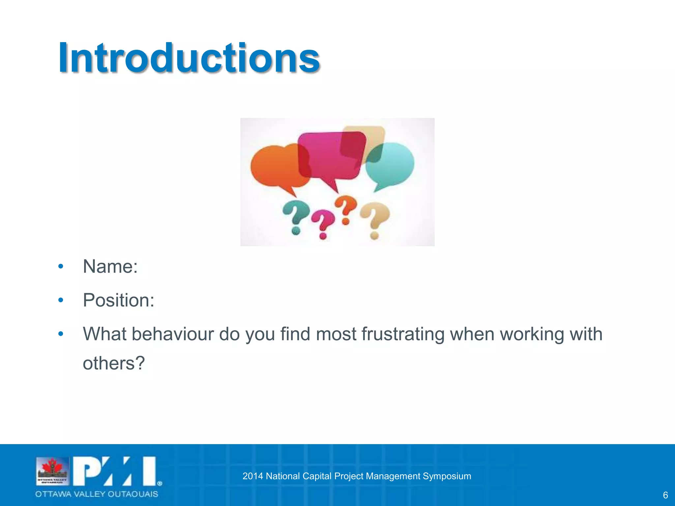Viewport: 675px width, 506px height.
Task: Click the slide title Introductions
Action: click(x=189, y=58)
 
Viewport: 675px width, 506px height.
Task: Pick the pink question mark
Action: click(x=322, y=224)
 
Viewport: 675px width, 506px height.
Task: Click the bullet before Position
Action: click(x=61, y=300)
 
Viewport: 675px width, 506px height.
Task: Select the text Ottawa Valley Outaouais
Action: click(x=97, y=494)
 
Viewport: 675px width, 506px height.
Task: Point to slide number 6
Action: click(x=665, y=495)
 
